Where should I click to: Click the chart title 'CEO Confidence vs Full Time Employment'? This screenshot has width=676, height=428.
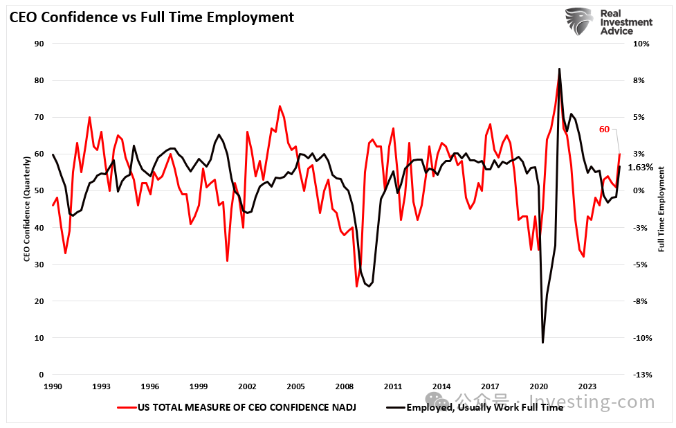152,17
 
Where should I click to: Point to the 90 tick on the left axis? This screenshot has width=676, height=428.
39,44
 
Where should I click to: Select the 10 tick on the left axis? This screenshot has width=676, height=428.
39,338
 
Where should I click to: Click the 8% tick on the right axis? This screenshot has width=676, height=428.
638,80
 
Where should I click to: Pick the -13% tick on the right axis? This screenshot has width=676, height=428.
639,375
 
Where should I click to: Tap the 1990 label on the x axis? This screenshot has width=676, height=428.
53,386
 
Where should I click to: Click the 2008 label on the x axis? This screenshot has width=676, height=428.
345,386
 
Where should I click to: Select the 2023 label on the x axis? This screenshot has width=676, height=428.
587,386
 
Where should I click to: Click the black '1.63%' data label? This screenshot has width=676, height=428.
640,168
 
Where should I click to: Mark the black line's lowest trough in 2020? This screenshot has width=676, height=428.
542,342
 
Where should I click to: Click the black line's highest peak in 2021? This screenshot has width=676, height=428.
559,69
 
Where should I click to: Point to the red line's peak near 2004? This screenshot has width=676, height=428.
280,106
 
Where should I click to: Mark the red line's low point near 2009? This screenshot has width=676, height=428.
357,286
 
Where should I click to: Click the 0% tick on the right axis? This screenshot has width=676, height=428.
638,190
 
